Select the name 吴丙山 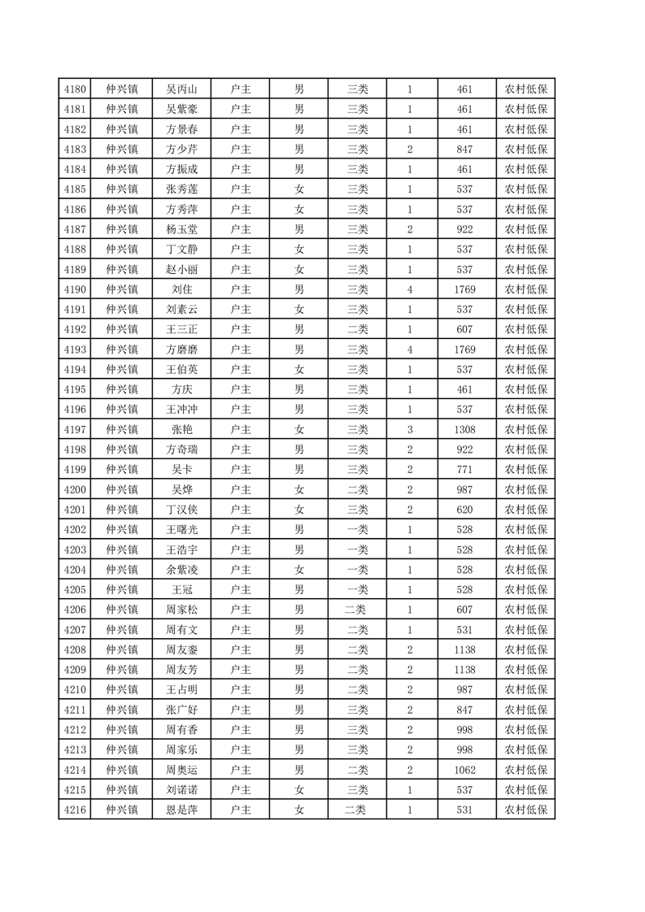pyautogui.click(x=182, y=89)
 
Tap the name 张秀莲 pyautogui.click(x=182, y=189)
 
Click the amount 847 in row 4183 pyautogui.click(x=464, y=150)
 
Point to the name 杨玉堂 pyautogui.click(x=182, y=229)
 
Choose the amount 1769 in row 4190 pyautogui.click(x=464, y=289)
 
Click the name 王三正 pyautogui.click(x=182, y=329)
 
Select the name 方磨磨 pyautogui.click(x=182, y=350)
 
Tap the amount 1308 pyautogui.click(x=464, y=429)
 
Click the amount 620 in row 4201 pyautogui.click(x=464, y=510)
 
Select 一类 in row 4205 pyautogui.click(x=357, y=589)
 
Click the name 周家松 pyautogui.click(x=182, y=610)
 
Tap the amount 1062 pyautogui.click(x=464, y=770)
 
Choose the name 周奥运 pyautogui.click(x=182, y=770)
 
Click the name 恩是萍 pyautogui.click(x=182, y=810)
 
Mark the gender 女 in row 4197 pyautogui.click(x=299, y=429)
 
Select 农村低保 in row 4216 pyautogui.click(x=525, y=810)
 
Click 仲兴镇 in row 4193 pyautogui.click(x=122, y=350)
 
